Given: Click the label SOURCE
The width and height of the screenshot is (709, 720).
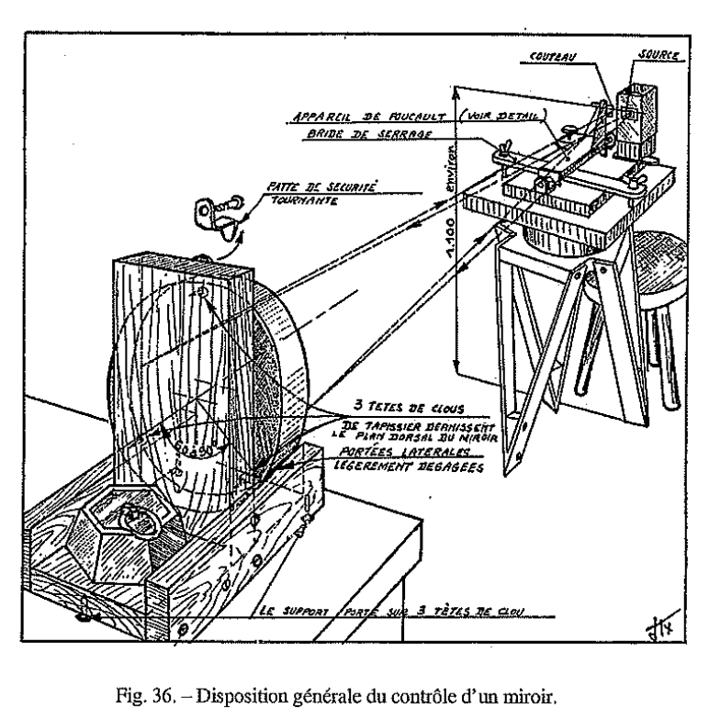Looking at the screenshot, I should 658,57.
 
